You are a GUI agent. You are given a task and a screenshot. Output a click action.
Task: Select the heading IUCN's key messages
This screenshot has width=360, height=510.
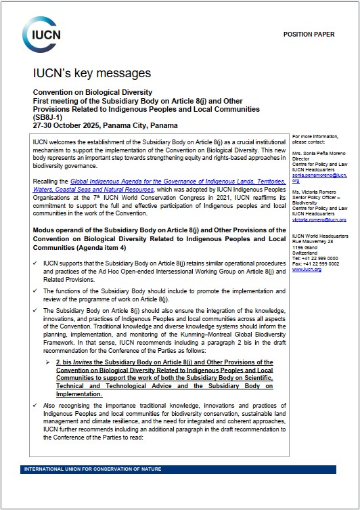pyautogui.click(x=92, y=73)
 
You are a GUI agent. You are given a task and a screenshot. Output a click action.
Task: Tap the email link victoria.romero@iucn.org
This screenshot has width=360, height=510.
pyautogui.click(x=319, y=219)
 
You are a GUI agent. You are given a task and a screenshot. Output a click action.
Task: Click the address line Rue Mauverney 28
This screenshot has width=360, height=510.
pyautogui.click(x=315, y=242)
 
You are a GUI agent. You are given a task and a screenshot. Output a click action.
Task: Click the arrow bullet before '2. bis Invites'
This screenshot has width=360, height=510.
pyautogui.click(x=59, y=363)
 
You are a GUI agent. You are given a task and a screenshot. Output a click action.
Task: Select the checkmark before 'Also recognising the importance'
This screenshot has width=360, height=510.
pyautogui.click(x=35, y=404)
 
